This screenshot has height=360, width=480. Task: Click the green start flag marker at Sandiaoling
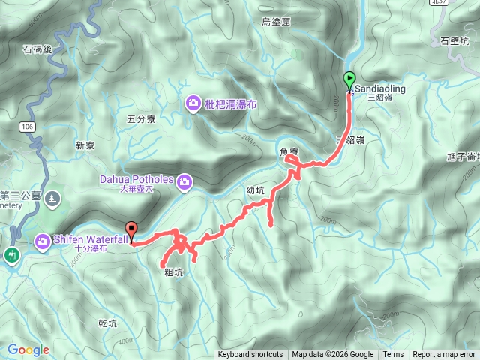[349, 78]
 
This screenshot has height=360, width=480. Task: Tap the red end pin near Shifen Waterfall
[132, 230]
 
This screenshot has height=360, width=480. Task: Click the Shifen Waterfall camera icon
[43, 241]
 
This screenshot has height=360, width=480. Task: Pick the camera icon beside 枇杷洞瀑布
[193, 105]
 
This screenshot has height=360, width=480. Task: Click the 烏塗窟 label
[276, 22]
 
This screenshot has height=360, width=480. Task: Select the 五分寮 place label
[141, 118]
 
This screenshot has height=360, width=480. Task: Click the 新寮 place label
[86, 145]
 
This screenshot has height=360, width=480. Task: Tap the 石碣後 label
[36, 49]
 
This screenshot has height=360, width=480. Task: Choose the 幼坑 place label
[256, 190]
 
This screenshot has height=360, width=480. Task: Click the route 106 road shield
[27, 126]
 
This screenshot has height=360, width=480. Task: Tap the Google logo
[28, 349]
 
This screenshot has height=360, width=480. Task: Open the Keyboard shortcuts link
[250, 355]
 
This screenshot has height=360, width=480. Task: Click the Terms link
[393, 355]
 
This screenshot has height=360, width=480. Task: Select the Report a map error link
[444, 355]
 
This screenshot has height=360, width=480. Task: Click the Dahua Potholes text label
[136, 179]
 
